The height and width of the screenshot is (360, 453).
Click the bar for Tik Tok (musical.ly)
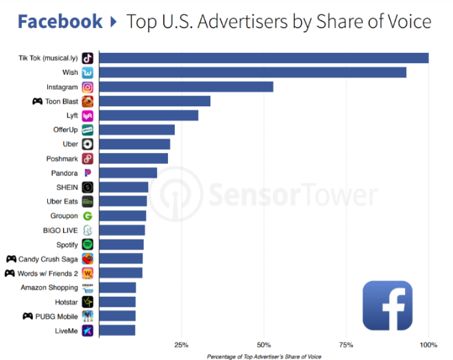tap(264, 58)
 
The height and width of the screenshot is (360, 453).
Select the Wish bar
tap(253, 72)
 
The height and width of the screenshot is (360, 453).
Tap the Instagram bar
tap(186, 86)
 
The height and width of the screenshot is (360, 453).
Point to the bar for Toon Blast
tap(155, 101)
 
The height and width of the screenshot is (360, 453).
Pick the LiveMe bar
tap(117, 330)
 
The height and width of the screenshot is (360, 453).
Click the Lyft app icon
tap(88, 115)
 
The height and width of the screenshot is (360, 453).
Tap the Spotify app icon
tap(88, 244)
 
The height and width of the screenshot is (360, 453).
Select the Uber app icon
tap(88, 144)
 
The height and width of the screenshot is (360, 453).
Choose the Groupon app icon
tap(88, 215)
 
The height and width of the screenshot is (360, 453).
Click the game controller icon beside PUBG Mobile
tap(28, 316)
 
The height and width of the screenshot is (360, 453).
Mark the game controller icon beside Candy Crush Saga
tap(11, 259)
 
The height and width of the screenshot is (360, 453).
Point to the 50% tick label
tap(264, 344)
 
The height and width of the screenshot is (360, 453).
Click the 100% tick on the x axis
tap(428, 344)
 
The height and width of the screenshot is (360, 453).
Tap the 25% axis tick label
tap(182, 344)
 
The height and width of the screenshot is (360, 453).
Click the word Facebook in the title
tap(60, 21)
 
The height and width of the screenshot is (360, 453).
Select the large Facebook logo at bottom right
tap(387, 306)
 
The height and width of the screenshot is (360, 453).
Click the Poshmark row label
tap(62, 158)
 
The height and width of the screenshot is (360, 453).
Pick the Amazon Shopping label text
tap(49, 287)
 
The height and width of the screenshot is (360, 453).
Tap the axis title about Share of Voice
tap(264, 357)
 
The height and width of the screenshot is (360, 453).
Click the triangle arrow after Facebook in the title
tap(114, 21)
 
